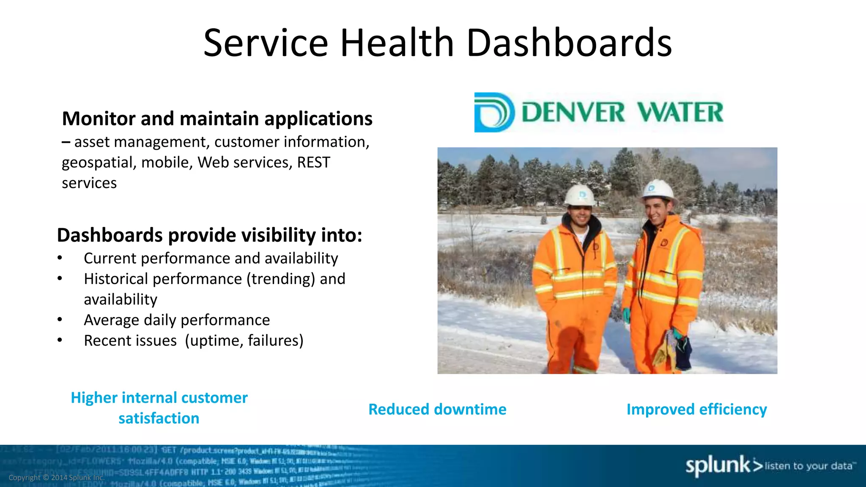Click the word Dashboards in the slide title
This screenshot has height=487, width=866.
[569, 43]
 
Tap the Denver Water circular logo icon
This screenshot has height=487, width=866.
[494, 112]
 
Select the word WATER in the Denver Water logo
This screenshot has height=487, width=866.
[680, 112]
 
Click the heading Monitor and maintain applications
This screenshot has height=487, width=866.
[217, 119]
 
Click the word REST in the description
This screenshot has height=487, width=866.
[313, 162]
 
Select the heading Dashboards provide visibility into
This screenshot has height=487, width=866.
[209, 235]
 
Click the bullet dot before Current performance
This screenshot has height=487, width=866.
[60, 258]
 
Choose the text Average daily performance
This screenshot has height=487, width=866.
[177, 320]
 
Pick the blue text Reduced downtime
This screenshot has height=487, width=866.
[437, 409]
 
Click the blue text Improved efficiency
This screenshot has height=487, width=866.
[696, 409]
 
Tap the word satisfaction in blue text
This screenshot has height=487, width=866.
[159, 419]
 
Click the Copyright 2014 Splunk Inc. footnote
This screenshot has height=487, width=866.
[56, 478]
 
